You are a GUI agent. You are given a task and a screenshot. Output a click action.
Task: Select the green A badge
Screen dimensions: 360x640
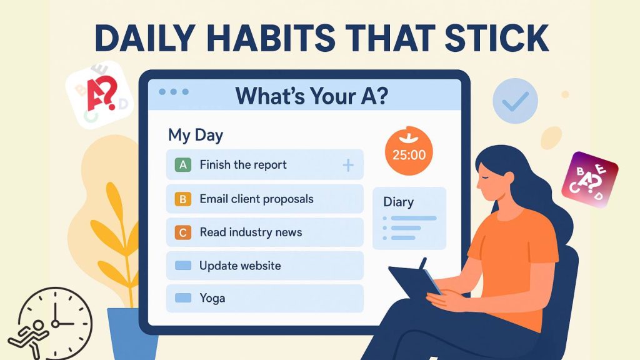(x=182, y=165)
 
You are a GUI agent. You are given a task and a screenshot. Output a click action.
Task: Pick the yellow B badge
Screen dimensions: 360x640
(x=182, y=199)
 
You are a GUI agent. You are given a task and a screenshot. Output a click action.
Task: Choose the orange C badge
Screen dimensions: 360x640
(x=182, y=233)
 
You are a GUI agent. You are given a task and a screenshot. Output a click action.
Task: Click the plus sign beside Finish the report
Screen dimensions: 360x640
(x=348, y=165)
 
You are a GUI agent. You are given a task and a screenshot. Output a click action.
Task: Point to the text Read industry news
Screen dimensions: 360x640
(x=251, y=232)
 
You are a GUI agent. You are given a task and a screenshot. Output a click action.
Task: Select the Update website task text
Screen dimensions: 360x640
(x=240, y=266)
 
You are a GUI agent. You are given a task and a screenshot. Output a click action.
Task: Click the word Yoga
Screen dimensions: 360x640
(x=212, y=298)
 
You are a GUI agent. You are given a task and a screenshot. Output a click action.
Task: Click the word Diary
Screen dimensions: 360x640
(x=398, y=202)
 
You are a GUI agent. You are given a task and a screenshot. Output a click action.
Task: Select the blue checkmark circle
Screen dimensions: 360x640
(x=514, y=101)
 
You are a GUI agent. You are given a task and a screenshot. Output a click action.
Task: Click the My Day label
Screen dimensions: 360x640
(x=196, y=135)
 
